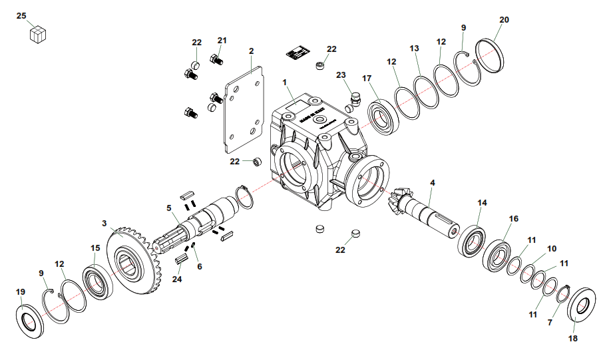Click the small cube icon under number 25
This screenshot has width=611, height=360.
38,34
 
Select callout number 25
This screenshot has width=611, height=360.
21,15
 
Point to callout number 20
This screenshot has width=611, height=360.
504,20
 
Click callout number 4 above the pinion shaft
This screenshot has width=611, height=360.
432,182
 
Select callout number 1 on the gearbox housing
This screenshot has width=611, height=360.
284,83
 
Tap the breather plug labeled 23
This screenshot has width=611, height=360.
353,102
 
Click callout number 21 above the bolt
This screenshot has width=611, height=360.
222,41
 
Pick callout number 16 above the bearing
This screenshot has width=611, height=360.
513,218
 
